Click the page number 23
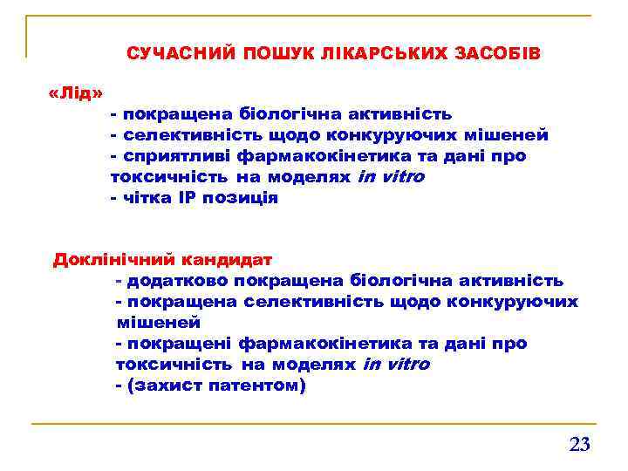[x=579, y=445]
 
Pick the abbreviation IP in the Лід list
[x=188, y=197]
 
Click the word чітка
[x=147, y=197]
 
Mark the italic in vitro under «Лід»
[x=391, y=176]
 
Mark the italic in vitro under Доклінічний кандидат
[x=395, y=364]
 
